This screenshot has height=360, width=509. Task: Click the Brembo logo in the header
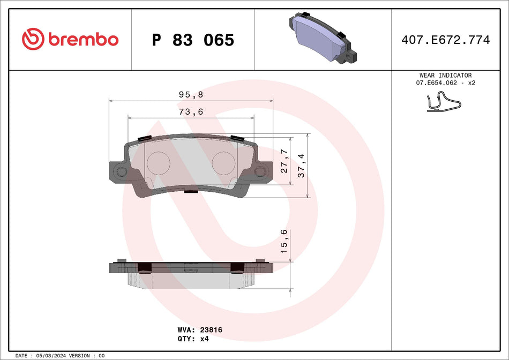pyautogui.click(x=70, y=39)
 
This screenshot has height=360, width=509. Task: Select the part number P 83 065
pyautogui.click(x=193, y=40)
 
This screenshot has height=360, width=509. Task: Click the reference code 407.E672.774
pyautogui.click(x=445, y=40)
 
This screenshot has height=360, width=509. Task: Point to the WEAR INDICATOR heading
pyautogui.click(x=445, y=76)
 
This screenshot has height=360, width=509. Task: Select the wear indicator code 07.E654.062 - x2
pyautogui.click(x=445, y=83)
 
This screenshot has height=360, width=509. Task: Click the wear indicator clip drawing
pyautogui.click(x=443, y=102)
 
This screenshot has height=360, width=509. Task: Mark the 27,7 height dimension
pyautogui.click(x=285, y=161)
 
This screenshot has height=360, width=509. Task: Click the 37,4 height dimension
pyautogui.click(x=302, y=166)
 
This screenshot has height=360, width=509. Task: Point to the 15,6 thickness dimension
pyautogui.click(x=285, y=241)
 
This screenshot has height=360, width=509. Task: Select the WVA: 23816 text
pyautogui.click(x=199, y=331)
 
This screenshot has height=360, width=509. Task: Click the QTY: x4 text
pyautogui.click(x=192, y=339)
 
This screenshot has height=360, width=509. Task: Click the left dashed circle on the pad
pyautogui.click(x=158, y=163)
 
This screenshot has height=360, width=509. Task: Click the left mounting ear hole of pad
pyautogui.click(x=122, y=172)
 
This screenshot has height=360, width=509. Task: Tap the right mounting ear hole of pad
pyautogui.click(x=260, y=172)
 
